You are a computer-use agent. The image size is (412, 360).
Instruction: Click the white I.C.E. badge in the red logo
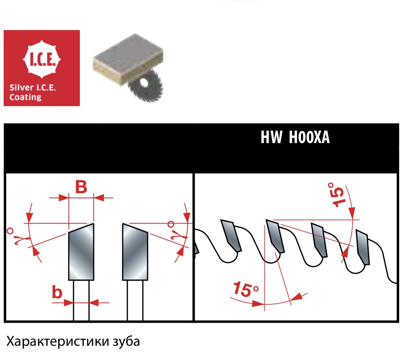point(42,59)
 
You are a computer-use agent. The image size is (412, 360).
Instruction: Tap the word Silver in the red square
point(22,87)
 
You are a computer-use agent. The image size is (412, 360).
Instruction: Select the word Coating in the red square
point(25,97)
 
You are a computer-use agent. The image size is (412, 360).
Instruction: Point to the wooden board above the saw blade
point(128,59)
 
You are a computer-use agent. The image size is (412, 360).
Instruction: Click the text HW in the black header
point(271,137)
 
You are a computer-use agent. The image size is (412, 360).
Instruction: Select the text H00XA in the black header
point(309,137)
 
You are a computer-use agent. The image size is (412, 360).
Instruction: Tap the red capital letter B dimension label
point(81,187)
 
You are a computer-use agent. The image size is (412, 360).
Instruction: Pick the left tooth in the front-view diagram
point(81,252)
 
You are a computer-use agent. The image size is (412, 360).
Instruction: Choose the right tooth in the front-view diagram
point(135,252)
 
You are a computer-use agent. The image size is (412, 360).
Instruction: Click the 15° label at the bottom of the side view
point(246,289)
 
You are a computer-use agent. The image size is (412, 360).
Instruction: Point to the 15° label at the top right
point(336,195)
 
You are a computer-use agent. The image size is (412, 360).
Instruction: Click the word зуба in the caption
point(126,342)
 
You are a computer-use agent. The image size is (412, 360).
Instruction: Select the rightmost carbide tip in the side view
point(363,247)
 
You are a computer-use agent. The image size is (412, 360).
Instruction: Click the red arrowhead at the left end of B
point(64,198)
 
